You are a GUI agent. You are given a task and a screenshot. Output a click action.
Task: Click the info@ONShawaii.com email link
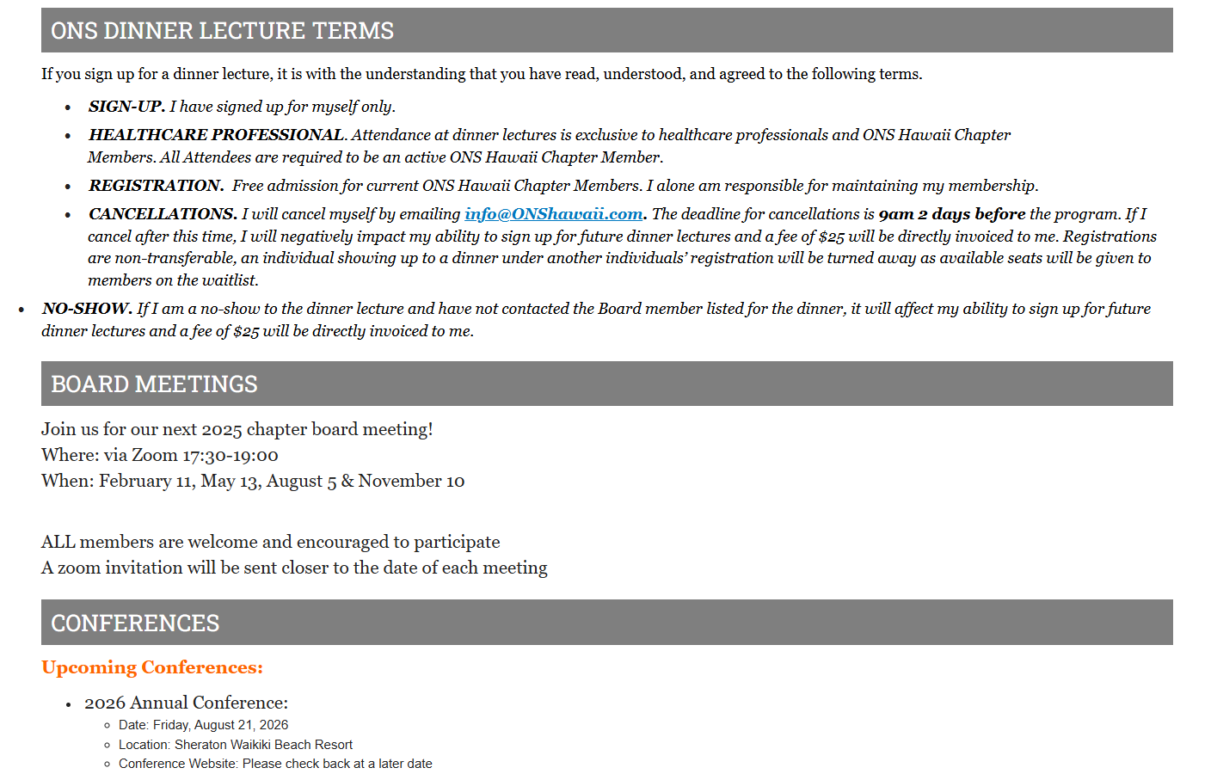pos(553,214)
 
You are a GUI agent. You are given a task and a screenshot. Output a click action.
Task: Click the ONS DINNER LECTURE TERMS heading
pos(222,31)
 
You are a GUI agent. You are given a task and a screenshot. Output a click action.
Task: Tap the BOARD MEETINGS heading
pos(154,384)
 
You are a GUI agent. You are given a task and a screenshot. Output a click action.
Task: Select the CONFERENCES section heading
pos(135,623)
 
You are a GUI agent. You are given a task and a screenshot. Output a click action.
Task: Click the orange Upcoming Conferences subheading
pos(152,668)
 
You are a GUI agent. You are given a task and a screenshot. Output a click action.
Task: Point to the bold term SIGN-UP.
pos(126,107)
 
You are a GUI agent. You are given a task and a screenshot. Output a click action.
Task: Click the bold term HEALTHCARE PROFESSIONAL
pos(217,135)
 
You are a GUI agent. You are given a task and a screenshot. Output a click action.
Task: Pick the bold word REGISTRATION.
pos(156,186)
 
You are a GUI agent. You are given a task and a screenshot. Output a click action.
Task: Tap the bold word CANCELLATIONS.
pos(163,214)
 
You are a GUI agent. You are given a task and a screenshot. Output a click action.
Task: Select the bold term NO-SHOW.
pos(87,309)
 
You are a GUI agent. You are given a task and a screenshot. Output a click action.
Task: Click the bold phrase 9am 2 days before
pos(951,214)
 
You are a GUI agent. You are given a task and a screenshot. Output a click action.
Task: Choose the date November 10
pos(411,482)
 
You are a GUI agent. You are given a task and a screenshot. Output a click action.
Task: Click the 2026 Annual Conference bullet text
pos(186,703)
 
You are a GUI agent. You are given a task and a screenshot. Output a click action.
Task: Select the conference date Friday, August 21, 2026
pos(220,725)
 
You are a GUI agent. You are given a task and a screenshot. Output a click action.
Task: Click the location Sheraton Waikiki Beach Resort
pos(263,745)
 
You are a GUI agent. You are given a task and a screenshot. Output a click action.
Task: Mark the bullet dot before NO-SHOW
pos(22,310)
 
